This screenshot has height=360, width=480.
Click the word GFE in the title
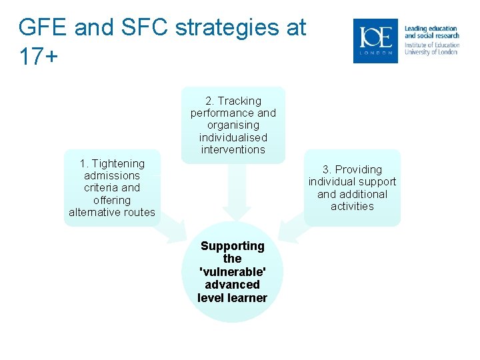43,28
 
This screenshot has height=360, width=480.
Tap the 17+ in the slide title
39,57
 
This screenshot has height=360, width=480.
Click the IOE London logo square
375,41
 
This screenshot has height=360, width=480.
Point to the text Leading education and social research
431,32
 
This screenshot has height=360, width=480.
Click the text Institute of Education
431,45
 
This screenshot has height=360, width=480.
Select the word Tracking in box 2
239,101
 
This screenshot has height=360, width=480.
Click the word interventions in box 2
233,149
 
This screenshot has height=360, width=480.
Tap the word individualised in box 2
233,137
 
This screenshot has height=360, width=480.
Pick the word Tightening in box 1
118,163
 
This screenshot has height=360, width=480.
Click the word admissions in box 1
112,175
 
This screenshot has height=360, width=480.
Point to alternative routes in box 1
112,212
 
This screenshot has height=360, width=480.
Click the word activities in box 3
352,206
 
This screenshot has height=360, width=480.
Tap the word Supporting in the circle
233,246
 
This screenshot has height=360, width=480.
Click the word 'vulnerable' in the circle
233,271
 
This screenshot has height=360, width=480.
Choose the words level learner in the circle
233,297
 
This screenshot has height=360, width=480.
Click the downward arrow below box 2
236,193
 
